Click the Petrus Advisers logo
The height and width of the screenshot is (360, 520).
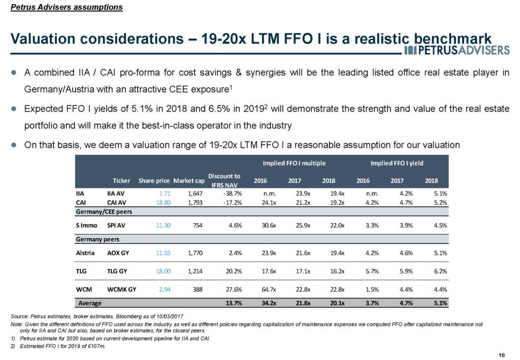[x=457, y=50]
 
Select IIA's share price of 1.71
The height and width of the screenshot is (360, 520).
[x=162, y=193]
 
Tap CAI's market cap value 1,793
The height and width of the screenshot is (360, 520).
[x=187, y=203]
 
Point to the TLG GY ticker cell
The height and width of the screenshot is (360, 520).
[x=117, y=272]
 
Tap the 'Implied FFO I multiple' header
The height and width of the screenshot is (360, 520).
[x=294, y=163]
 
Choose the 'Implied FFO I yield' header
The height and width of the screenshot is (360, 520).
[x=397, y=163]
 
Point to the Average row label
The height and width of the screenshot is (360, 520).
[x=89, y=303]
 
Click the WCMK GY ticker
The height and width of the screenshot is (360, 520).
[x=122, y=291]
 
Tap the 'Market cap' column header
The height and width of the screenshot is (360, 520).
[x=188, y=181]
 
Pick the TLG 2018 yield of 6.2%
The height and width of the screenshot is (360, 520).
[x=439, y=272]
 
